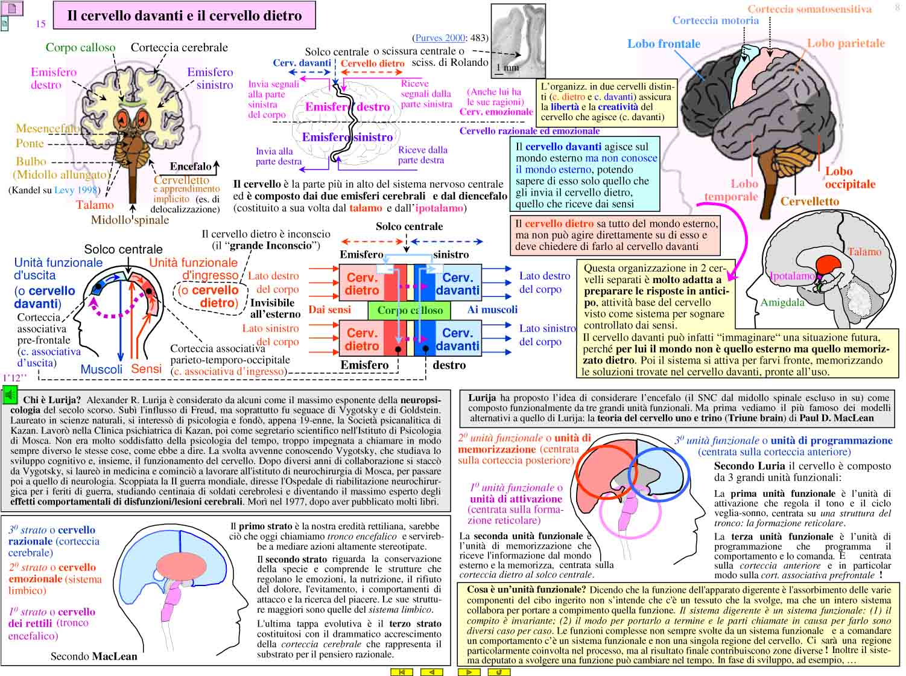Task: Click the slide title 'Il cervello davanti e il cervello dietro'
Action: pos(184,15)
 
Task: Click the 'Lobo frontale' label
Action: pos(664,43)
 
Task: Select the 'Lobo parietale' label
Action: pos(846,43)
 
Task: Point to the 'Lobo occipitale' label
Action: pos(850,177)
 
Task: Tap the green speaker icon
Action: pos(10,395)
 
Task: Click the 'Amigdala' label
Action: pos(782,302)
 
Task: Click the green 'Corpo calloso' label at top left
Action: pos(80,47)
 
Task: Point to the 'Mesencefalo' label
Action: pos(48,129)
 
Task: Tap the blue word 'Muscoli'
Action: pos(101,369)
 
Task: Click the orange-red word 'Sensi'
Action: pos(146,368)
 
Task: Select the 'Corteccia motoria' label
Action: pos(715,21)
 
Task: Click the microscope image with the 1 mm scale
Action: pos(518,40)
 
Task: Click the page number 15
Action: pos(40,24)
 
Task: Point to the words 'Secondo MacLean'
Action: pos(93,655)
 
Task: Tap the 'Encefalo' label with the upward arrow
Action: pos(194,167)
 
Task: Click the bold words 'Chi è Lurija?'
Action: pos(52,400)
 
